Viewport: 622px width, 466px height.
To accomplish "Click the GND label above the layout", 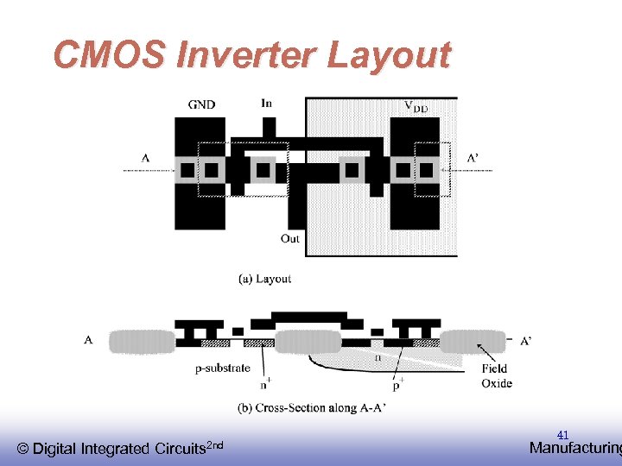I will pyautogui.click(x=201, y=105).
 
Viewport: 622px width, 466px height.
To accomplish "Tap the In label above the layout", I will pyautogui.click(x=267, y=104).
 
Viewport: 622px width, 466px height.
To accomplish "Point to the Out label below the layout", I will pyautogui.click(x=290, y=238).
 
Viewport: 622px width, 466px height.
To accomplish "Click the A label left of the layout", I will pyautogui.click(x=145, y=158).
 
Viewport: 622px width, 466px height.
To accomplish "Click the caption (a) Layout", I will pyautogui.click(x=265, y=279).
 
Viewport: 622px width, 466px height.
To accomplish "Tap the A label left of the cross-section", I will pyautogui.click(x=89, y=340).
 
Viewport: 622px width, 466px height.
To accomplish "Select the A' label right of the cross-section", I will pyautogui.click(x=526, y=341).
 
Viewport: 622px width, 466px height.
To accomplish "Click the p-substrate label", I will pyautogui.click(x=222, y=368).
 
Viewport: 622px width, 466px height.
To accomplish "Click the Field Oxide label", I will pyautogui.click(x=497, y=376).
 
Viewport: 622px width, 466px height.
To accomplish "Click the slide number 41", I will pyautogui.click(x=562, y=435).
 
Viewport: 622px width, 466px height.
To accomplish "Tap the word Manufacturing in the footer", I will pyautogui.click(x=574, y=448).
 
